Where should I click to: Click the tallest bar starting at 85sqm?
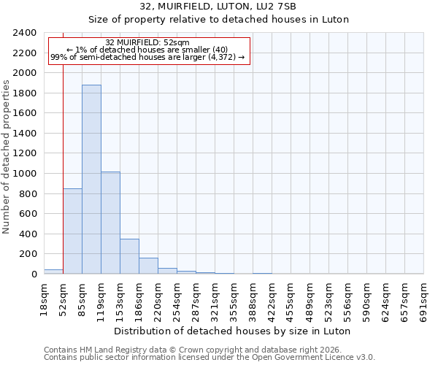tap(91, 180)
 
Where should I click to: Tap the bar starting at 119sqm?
tap(110, 223)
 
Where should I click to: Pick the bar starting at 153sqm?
tap(129, 256)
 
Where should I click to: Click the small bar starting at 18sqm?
tap(53, 272)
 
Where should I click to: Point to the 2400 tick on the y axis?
tap(25, 33)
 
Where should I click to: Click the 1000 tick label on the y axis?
tap(25, 174)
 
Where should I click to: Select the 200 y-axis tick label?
tap(28, 254)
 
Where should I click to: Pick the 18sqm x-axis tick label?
tap(44, 298)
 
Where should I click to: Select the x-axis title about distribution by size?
tap(233, 331)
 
